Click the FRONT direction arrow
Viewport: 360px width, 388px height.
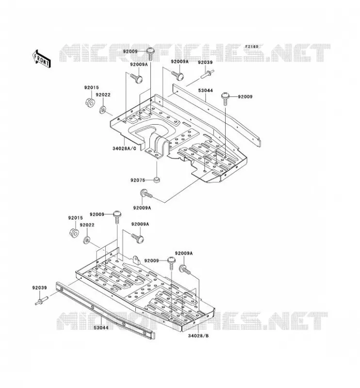tap(41, 59)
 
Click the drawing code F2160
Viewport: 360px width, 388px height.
tap(251, 47)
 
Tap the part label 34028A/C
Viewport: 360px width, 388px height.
tap(124, 148)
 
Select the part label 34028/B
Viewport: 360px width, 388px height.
tap(198, 336)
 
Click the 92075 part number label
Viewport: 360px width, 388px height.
tap(138, 180)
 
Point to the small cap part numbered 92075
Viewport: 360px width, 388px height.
tap(157, 179)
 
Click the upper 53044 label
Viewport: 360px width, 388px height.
tap(206, 91)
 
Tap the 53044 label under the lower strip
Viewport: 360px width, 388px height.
tap(101, 328)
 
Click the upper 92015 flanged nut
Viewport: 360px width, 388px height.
tap(90, 102)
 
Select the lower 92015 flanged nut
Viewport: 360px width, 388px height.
tap(74, 233)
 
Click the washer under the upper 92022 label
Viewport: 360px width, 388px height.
tap(102, 110)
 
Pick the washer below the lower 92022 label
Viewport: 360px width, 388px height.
tap(87, 240)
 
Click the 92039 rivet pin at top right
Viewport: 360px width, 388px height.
tap(207, 74)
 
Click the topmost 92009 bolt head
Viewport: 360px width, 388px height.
tap(150, 51)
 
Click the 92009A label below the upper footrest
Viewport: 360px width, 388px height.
tap(142, 208)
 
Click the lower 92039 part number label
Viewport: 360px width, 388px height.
tap(39, 288)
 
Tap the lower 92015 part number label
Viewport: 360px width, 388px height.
tap(76, 218)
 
